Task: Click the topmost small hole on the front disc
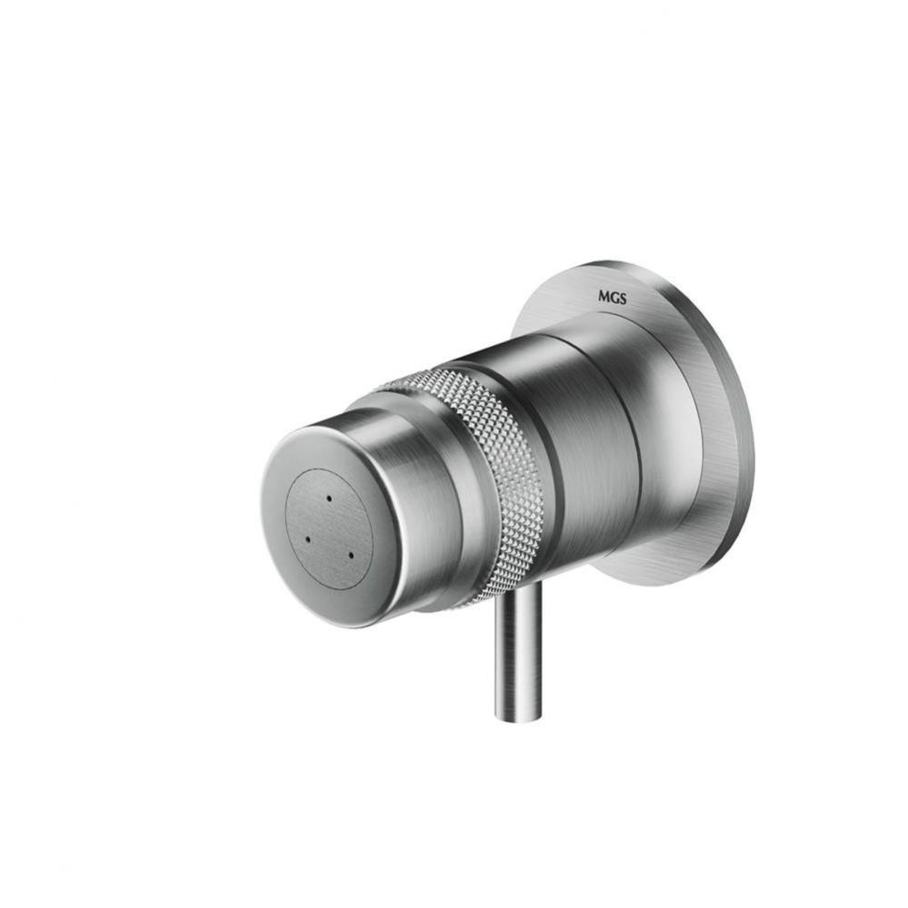(328, 499)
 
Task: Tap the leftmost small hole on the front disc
(306, 538)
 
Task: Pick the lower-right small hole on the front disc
(350, 553)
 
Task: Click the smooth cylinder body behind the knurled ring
(591, 427)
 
